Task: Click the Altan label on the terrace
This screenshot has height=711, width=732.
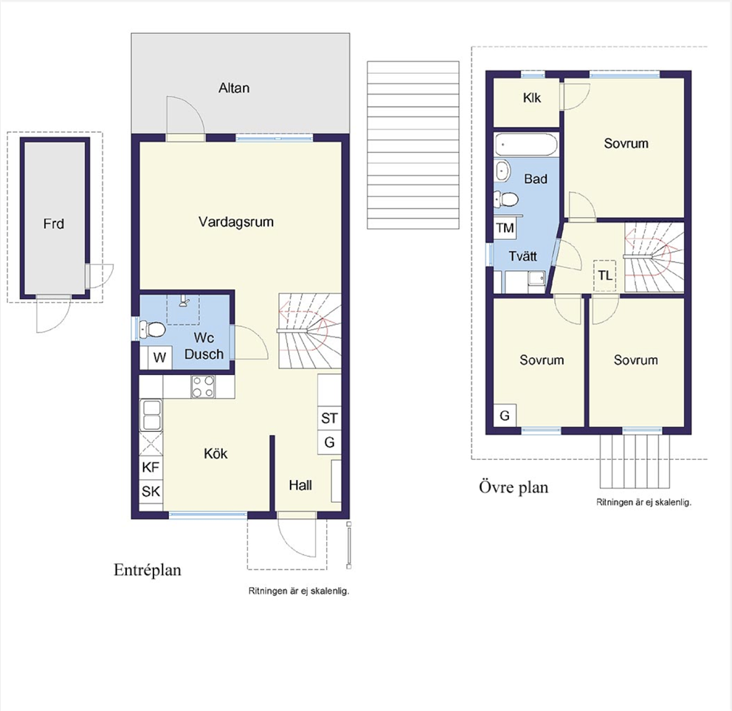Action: click(x=234, y=88)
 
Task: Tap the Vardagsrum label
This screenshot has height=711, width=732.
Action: click(x=235, y=222)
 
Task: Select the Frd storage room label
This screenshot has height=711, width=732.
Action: click(x=53, y=224)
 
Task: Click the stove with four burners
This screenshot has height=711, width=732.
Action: click(x=203, y=387)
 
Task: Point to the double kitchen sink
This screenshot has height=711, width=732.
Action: click(x=151, y=415)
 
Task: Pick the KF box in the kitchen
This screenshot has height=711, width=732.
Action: click(x=151, y=467)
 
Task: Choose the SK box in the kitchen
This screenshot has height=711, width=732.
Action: click(x=151, y=492)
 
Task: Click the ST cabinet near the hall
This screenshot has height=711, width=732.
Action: click(x=329, y=418)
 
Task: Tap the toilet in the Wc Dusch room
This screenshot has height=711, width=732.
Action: click(x=153, y=329)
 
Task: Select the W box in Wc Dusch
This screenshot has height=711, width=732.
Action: click(x=160, y=358)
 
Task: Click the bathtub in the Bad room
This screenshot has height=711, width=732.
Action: click(x=525, y=145)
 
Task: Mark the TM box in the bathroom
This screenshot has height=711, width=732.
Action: click(x=505, y=228)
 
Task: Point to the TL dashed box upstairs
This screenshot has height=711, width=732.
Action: click(x=605, y=275)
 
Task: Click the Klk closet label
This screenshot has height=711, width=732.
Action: click(x=532, y=97)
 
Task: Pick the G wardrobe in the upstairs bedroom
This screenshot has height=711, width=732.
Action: click(x=505, y=415)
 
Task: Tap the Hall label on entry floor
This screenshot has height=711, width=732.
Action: click(x=300, y=485)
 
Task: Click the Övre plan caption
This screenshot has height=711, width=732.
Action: click(x=514, y=487)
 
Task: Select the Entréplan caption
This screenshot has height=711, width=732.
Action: click(x=148, y=570)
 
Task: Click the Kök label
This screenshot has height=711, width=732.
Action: click(x=215, y=453)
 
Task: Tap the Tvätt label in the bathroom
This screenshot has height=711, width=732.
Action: click(x=523, y=256)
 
